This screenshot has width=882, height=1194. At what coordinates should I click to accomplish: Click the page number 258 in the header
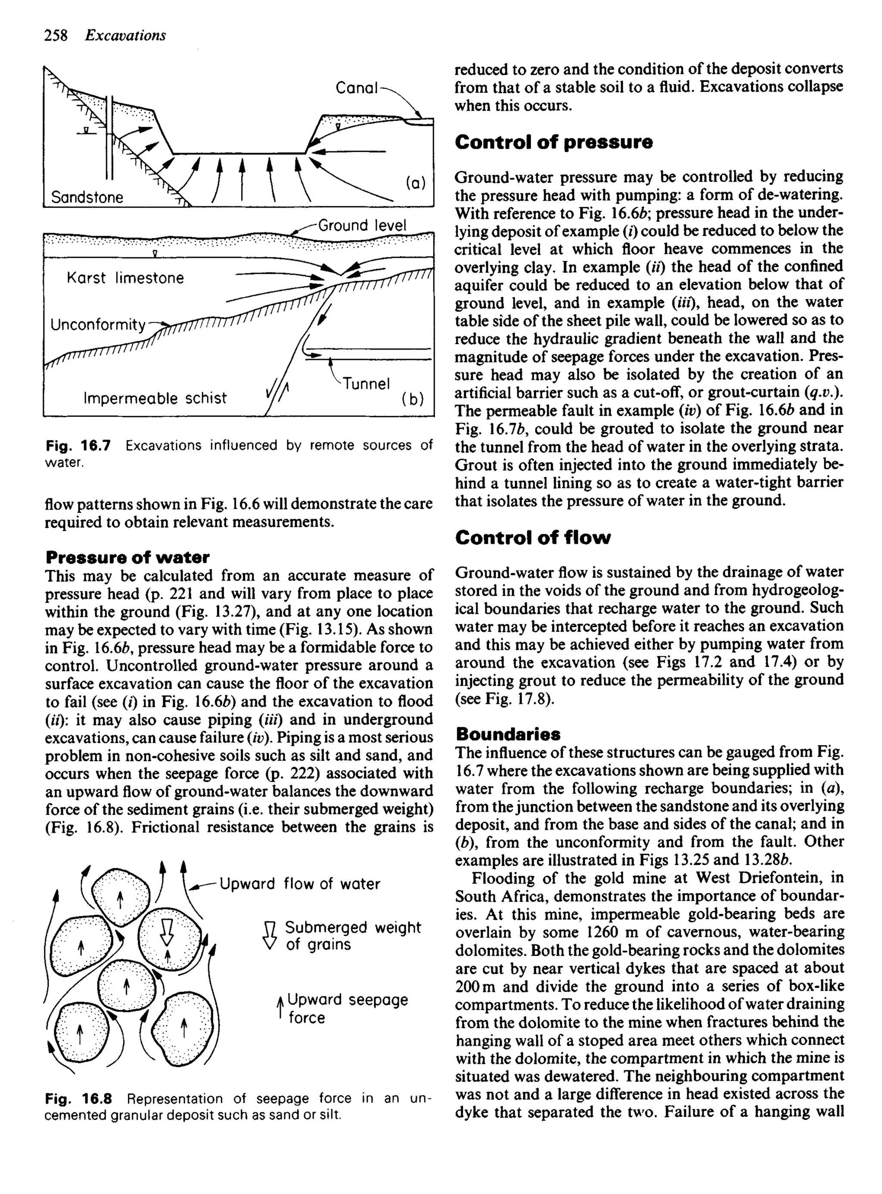click(56, 35)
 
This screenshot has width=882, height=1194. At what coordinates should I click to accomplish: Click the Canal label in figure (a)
click(357, 88)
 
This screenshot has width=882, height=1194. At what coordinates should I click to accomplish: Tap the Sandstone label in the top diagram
click(87, 198)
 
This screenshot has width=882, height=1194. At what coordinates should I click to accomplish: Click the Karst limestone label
click(125, 278)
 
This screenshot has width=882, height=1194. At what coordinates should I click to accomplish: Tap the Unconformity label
click(98, 325)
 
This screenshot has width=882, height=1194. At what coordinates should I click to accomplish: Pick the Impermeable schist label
click(155, 398)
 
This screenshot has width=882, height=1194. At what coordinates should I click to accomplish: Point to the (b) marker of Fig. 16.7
click(413, 399)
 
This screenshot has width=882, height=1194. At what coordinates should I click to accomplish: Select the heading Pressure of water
click(127, 557)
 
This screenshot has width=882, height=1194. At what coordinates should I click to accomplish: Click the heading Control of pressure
click(554, 142)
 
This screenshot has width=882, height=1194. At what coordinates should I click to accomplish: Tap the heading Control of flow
click(533, 538)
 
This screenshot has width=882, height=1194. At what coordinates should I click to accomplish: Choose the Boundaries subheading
click(508, 734)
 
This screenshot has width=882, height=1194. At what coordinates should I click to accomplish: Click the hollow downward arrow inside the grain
click(167, 931)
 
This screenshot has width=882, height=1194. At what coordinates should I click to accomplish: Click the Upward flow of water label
click(299, 884)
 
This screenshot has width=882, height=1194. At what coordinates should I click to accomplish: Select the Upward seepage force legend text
click(347, 1009)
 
